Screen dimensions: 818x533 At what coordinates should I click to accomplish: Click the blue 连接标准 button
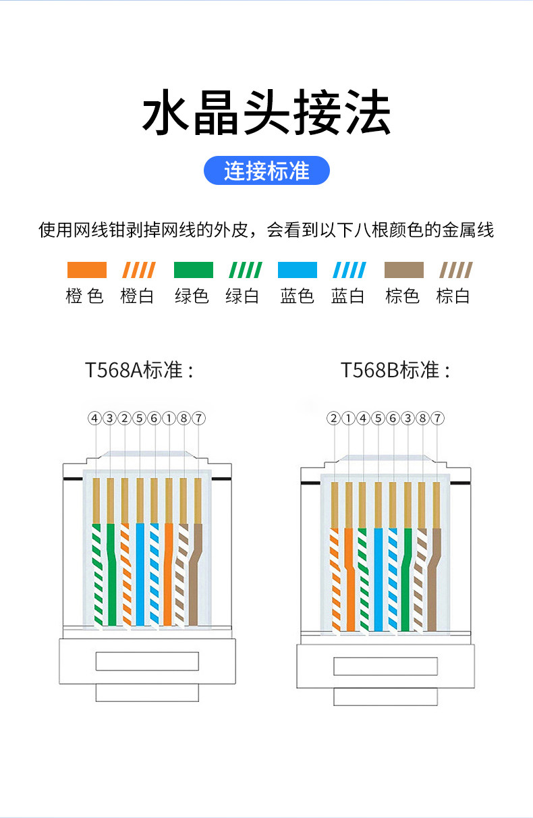pyautogui.click(x=266, y=171)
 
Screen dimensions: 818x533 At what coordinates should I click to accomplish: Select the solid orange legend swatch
pyautogui.click(x=86, y=271)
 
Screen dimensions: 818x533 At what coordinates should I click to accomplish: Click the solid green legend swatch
pyautogui.click(x=193, y=271)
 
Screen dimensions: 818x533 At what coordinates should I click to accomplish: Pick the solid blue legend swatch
pyautogui.click(x=297, y=271)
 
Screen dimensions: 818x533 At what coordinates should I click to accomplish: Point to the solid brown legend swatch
pyautogui.click(x=403, y=271)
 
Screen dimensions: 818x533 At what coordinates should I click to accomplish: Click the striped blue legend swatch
pyautogui.click(x=349, y=271)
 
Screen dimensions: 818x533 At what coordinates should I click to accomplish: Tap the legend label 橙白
pyautogui.click(x=138, y=296)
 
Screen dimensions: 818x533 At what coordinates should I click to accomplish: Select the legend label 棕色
pyautogui.click(x=403, y=296)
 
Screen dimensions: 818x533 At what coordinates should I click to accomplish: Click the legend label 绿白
pyautogui.click(x=243, y=296)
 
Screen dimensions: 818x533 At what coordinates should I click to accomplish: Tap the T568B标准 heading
pyautogui.click(x=395, y=371)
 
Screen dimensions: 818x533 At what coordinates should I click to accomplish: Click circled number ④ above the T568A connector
pyautogui.click(x=94, y=418)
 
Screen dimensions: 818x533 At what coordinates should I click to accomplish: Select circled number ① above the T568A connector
pyautogui.click(x=169, y=418)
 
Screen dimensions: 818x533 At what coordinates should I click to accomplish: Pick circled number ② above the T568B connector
pyautogui.click(x=333, y=418)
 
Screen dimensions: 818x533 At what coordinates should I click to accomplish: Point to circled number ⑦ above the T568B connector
pyautogui.click(x=437, y=418)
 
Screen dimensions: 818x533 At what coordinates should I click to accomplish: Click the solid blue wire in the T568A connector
pyautogui.click(x=140, y=574)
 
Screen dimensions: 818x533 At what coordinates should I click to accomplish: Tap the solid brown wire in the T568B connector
pyautogui.click(x=433, y=580)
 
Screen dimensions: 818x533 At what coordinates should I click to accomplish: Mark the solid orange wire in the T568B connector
pyautogui.click(x=349, y=580)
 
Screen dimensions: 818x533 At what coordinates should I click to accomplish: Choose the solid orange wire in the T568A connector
pyautogui.click(x=169, y=574)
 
